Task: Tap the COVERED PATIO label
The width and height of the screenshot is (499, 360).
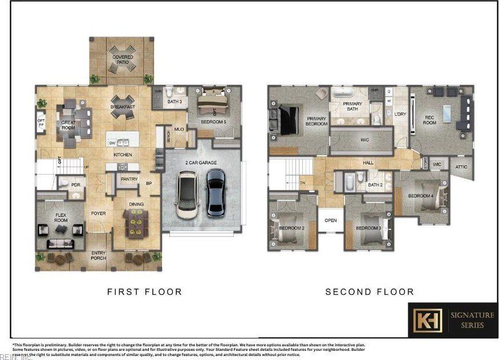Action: [123, 60]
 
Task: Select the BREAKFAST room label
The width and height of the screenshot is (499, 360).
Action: [123, 107]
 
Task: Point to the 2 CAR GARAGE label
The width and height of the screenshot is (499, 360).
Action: [201, 163]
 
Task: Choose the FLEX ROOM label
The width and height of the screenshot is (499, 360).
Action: [60, 217]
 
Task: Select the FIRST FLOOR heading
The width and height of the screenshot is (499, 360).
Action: [144, 292]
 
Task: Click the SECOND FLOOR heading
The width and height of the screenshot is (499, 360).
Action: [370, 292]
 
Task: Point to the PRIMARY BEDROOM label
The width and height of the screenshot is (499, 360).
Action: [317, 122]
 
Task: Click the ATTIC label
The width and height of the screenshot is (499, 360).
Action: [461, 167]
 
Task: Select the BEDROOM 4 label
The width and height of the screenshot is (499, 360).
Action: [421, 196]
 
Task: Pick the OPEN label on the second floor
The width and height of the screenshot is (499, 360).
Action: [331, 220]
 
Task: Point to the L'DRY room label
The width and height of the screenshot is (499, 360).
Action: [400, 114]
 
